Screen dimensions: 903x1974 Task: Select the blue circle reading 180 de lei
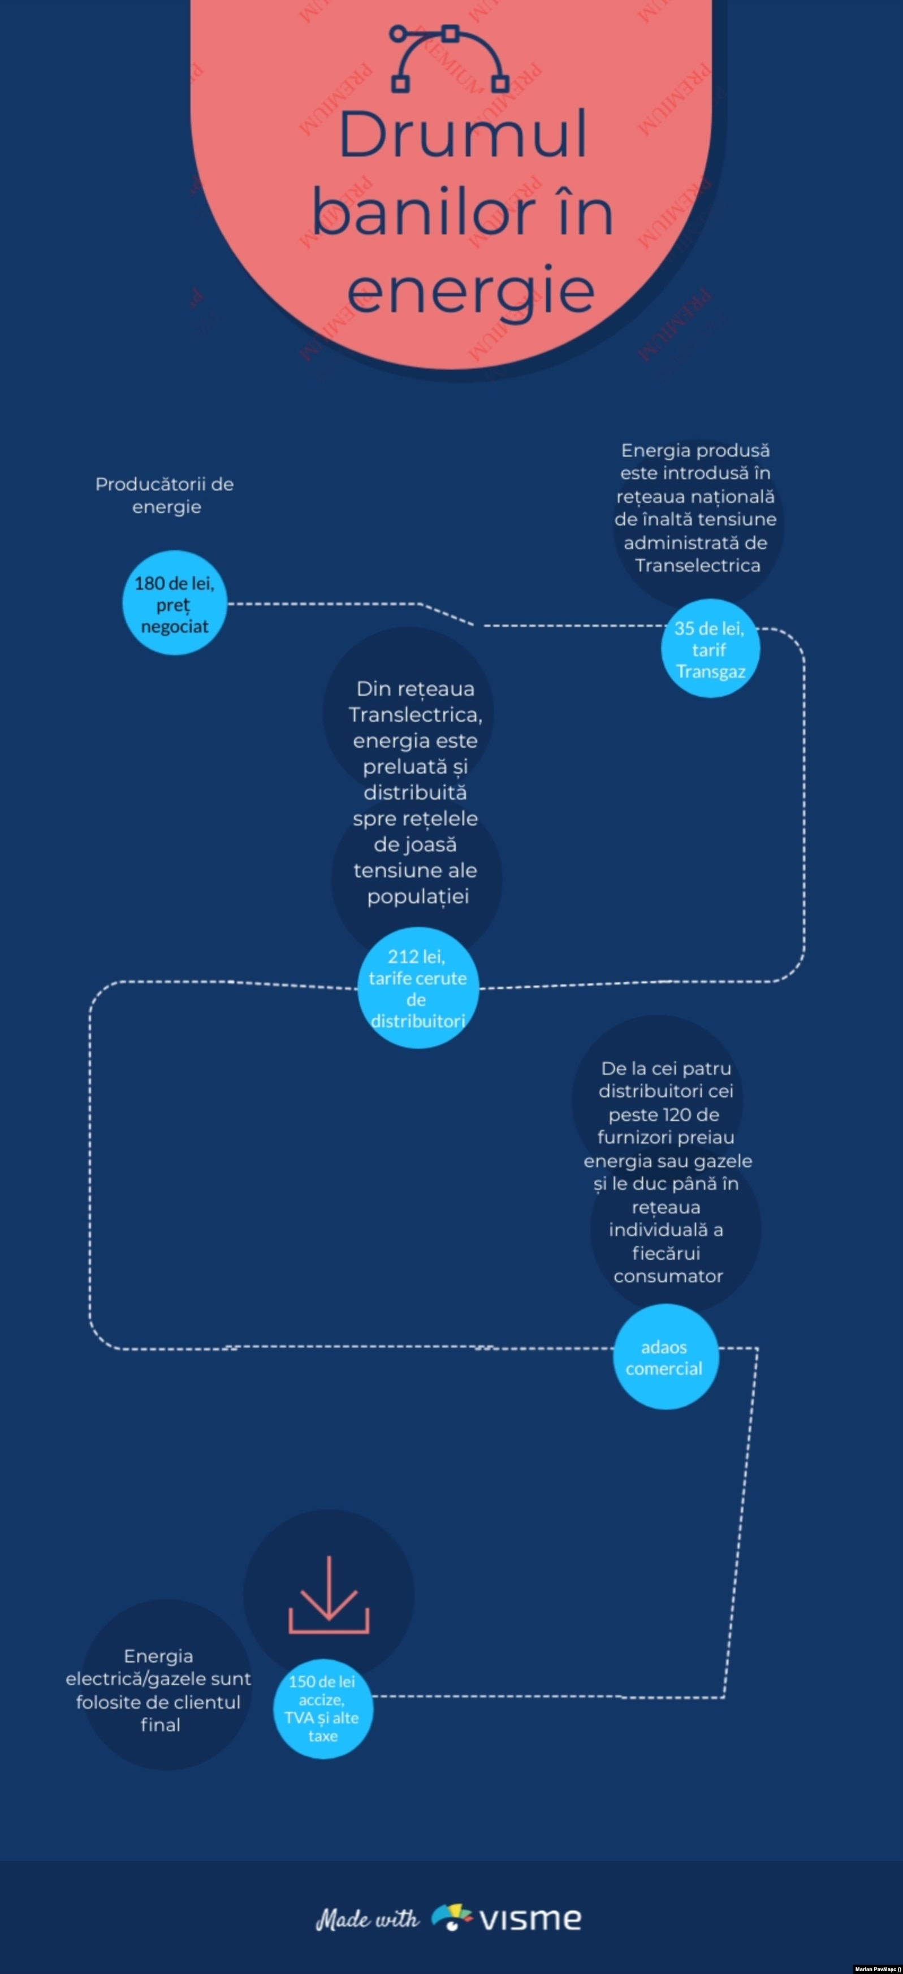coord(175,603)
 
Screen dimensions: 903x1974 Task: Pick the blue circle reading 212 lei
coord(418,988)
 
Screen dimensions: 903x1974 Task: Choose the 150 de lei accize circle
coord(323,1709)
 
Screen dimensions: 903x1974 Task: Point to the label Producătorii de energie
coord(165,495)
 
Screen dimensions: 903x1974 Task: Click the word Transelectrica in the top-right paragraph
coord(698,566)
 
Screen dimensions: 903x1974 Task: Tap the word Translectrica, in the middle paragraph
coord(416,715)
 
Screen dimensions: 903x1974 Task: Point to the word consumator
coord(668,1276)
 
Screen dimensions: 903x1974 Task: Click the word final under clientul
coord(160,1724)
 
